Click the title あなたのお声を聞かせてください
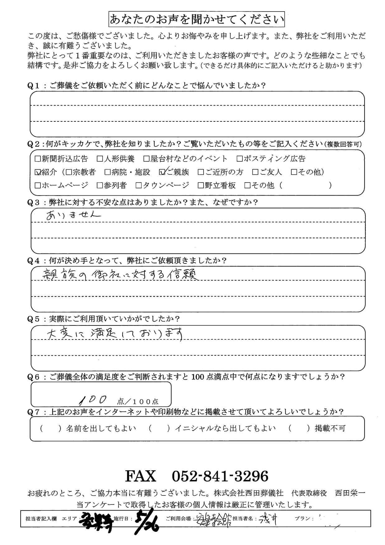(x=197, y=20)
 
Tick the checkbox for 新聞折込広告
(x=38, y=159)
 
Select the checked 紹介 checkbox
(x=38, y=172)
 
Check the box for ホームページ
(x=38, y=186)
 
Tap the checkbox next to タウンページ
(x=139, y=186)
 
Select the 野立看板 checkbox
(x=201, y=186)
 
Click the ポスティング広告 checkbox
(x=240, y=159)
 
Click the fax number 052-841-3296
(x=220, y=476)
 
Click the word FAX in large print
(x=140, y=476)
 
